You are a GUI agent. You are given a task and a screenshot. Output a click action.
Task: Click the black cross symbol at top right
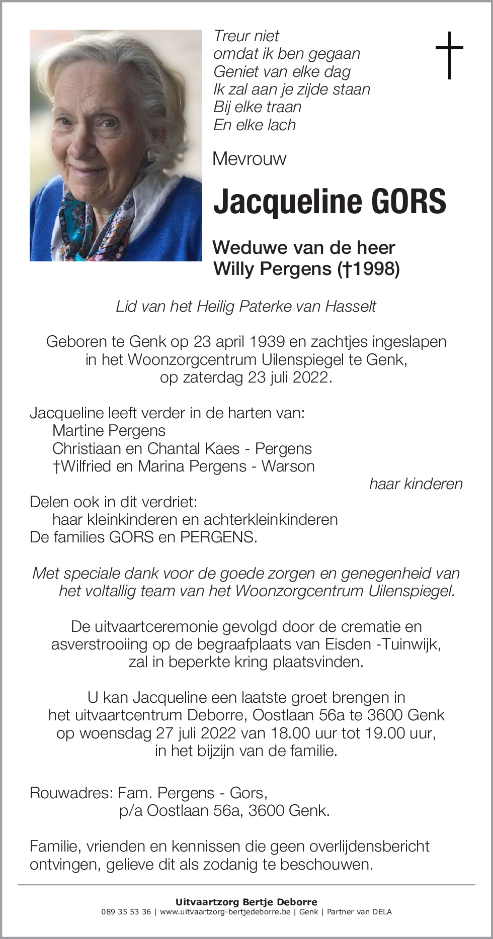(449, 55)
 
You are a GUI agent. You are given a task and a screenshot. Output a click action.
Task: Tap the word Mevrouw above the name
(249, 159)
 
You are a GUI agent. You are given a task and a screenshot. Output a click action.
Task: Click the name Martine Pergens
(109, 431)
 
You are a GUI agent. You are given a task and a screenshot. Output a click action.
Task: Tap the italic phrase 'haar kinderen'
(416, 484)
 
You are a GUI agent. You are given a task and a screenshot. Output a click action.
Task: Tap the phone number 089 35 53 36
(126, 912)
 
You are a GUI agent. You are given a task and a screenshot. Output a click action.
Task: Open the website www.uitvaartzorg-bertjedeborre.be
(225, 912)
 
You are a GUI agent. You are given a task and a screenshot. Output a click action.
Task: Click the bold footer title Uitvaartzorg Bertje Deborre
(247, 902)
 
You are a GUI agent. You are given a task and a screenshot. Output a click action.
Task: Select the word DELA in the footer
(382, 912)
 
